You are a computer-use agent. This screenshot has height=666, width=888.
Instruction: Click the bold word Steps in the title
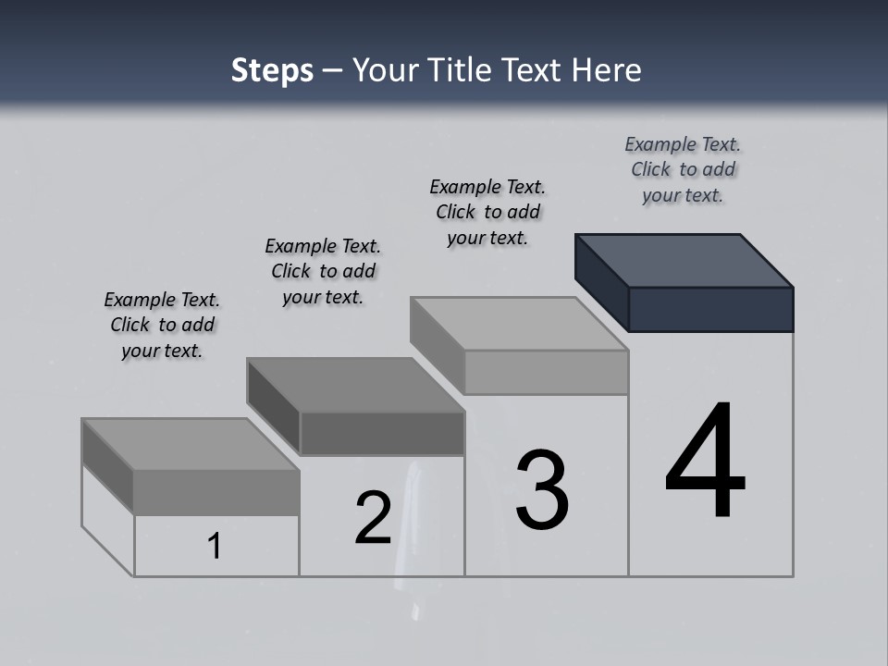[x=272, y=70]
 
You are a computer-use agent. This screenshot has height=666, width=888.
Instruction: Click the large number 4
[x=705, y=462]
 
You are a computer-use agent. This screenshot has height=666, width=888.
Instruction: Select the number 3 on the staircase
[x=542, y=490]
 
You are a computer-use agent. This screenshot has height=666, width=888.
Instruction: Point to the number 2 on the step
[x=374, y=518]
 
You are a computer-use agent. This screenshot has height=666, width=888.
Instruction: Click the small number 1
[x=215, y=547]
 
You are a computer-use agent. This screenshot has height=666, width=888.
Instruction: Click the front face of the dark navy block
[x=710, y=309]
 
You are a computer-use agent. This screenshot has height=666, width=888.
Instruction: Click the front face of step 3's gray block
[x=546, y=373]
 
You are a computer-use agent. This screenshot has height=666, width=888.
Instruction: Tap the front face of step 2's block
[x=382, y=434]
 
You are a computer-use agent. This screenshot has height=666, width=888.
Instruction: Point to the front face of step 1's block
[x=216, y=492]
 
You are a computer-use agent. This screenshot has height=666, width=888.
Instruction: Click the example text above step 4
[x=683, y=169]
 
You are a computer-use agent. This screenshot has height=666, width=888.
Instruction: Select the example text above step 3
[x=487, y=212]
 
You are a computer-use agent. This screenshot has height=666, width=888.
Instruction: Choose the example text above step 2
[x=323, y=271]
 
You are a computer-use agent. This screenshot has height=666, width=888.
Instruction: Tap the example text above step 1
[x=162, y=325]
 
